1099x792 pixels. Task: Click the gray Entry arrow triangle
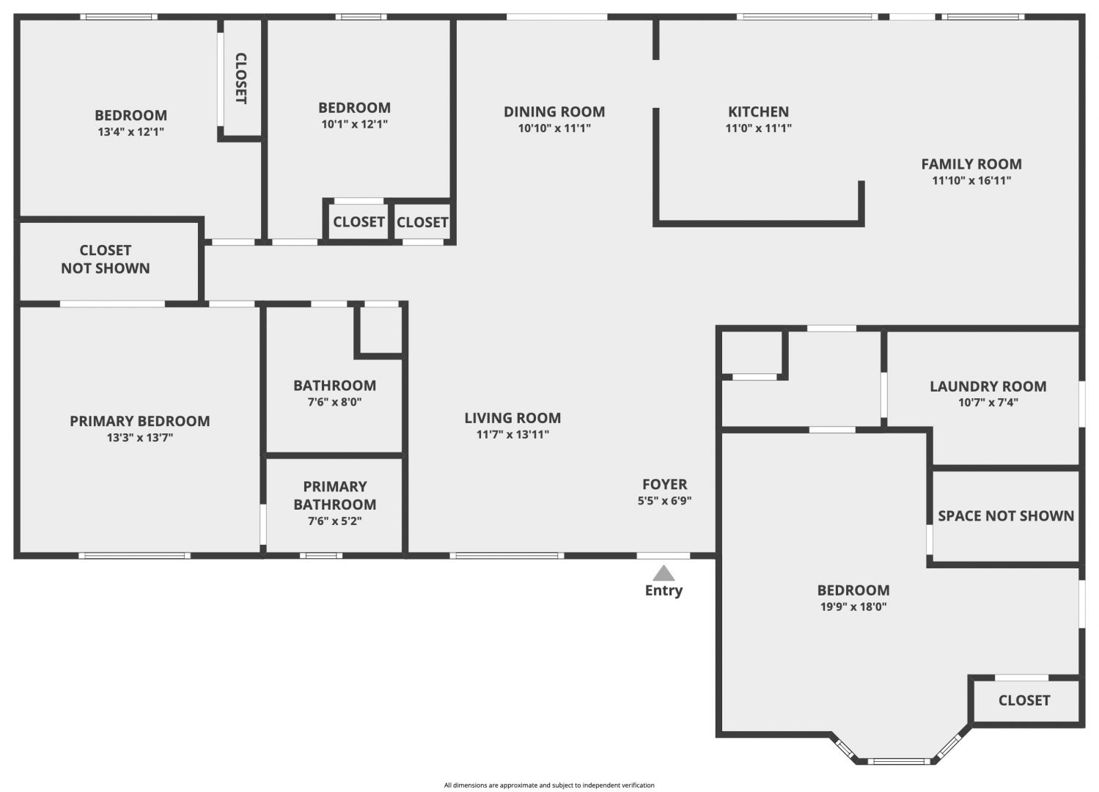[664, 573]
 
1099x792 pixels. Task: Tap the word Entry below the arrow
[664, 590]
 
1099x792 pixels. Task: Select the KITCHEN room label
[759, 112]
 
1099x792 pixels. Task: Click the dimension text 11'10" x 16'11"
[971, 180]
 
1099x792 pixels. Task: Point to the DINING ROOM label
[554, 112]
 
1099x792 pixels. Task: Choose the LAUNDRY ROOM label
[988, 386]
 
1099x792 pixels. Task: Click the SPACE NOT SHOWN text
[1006, 516]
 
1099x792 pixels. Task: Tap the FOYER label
[665, 484]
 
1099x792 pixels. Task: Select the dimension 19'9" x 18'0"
[853, 606]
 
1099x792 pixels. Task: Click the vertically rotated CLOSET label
[241, 78]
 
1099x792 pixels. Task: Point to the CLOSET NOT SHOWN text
[106, 259]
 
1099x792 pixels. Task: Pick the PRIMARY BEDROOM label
[140, 421]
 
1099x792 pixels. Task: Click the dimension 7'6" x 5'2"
[334, 521]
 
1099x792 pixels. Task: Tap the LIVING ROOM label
[512, 418]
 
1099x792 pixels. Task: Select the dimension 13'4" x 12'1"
[131, 131]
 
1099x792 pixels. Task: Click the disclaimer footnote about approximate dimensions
[549, 785]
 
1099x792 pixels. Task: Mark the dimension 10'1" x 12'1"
[354, 124]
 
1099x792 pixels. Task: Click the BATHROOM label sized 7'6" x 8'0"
[334, 386]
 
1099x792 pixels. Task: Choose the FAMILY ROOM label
[971, 164]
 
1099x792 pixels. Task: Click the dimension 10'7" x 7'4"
[988, 403]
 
